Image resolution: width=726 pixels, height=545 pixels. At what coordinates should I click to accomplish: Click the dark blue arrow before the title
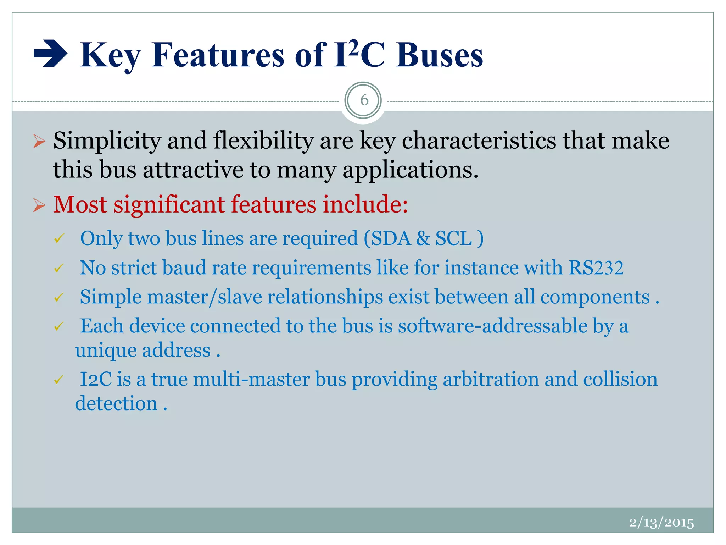(x=50, y=55)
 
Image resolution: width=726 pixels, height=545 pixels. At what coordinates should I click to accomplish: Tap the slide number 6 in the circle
(x=364, y=100)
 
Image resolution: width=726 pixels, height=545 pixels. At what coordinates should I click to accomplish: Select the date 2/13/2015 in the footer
(x=661, y=523)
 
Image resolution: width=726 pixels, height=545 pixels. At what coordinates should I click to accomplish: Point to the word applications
(x=410, y=170)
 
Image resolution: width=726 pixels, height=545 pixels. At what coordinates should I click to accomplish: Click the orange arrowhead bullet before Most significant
(x=39, y=205)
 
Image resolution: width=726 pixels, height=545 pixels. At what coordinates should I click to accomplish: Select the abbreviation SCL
(x=453, y=238)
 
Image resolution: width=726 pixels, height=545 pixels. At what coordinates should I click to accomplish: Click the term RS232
(x=596, y=268)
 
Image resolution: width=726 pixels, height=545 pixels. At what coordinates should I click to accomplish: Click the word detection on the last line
(x=116, y=404)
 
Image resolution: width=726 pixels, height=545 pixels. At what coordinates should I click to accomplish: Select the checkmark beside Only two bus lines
(x=59, y=239)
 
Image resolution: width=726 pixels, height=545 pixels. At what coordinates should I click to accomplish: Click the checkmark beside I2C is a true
(x=59, y=380)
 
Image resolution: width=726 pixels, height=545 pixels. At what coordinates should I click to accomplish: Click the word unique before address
(x=106, y=351)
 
